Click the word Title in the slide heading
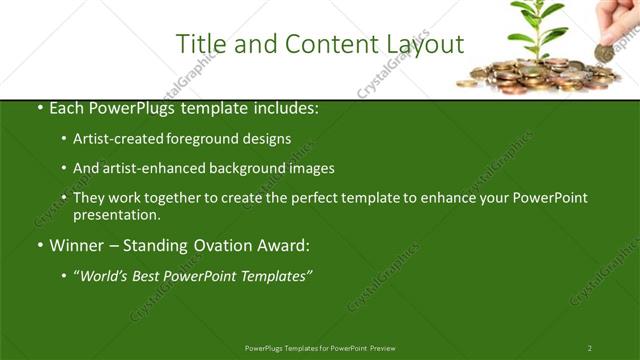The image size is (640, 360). pos(197,44)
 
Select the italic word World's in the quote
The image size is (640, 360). pos(107,275)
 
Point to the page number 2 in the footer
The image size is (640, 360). pos(589,348)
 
